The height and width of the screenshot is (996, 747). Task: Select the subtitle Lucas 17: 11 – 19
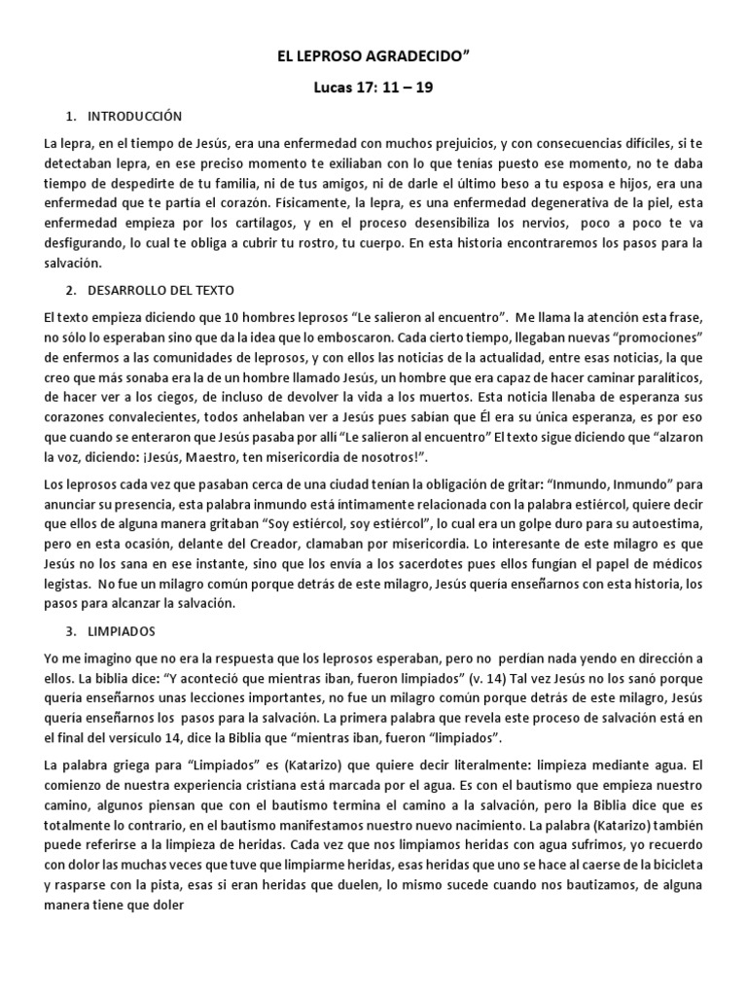point(374,89)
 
